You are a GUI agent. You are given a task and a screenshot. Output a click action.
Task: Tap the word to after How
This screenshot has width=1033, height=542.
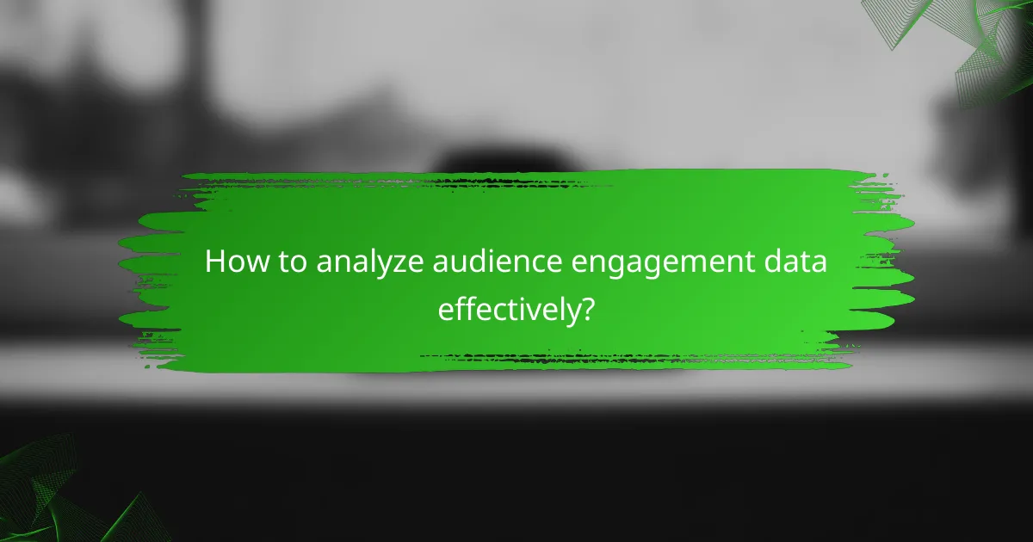[x=288, y=263]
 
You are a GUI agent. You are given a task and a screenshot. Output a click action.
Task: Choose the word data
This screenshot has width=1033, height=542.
[x=796, y=263]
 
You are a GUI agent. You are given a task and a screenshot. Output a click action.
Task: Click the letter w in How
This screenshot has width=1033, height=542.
[x=251, y=265]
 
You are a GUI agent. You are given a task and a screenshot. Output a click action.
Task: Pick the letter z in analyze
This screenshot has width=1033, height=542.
[x=407, y=265]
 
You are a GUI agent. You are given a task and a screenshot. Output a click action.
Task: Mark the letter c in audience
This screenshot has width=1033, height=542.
[x=539, y=265]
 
